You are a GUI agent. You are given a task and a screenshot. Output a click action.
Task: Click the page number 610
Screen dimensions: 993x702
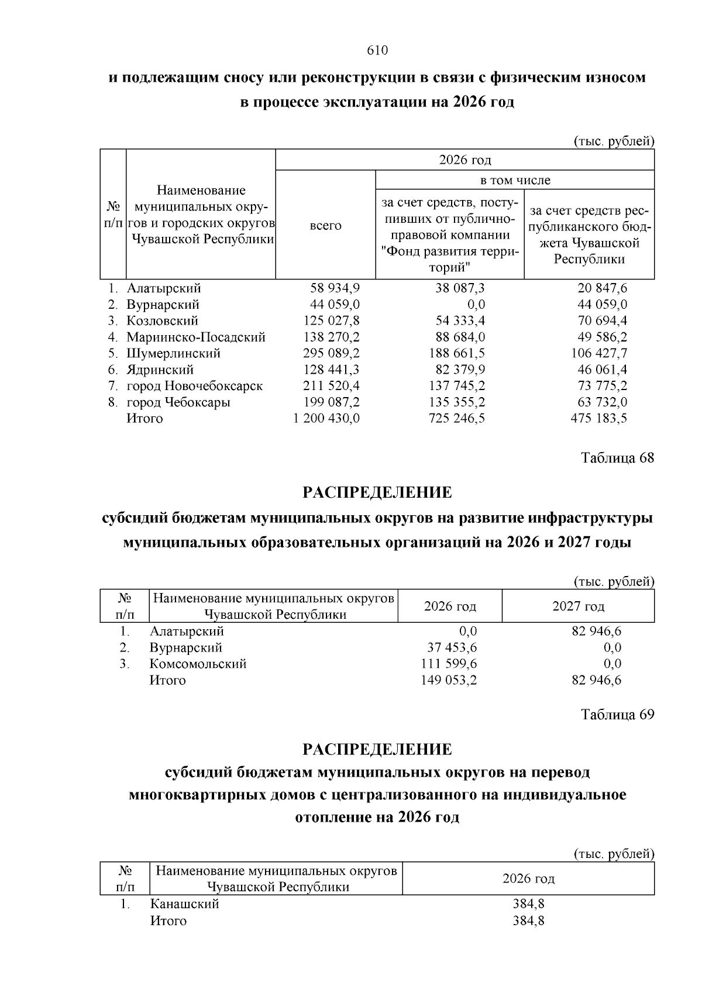pyautogui.click(x=377, y=51)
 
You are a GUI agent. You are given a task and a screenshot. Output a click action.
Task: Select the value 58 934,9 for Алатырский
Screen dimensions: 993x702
pyautogui.click(x=335, y=288)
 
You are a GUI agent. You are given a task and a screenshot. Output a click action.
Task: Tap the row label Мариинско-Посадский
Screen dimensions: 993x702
pyautogui.click(x=196, y=337)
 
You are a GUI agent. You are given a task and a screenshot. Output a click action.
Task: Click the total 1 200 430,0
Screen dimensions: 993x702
pyautogui.click(x=326, y=419)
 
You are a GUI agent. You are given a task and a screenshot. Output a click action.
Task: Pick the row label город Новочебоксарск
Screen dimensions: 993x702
pyautogui.click(x=194, y=387)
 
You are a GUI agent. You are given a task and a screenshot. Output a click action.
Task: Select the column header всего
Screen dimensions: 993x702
pyautogui.click(x=325, y=226)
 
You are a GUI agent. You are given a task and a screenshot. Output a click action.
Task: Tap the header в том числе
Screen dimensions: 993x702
pyautogui.click(x=515, y=180)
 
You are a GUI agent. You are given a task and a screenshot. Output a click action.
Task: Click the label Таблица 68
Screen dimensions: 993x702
pyautogui.click(x=617, y=457)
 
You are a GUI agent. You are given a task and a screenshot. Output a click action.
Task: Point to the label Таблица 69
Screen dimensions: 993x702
pyautogui.click(x=617, y=715)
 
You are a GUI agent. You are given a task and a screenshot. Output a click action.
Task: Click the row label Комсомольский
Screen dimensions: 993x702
pyautogui.click(x=198, y=664)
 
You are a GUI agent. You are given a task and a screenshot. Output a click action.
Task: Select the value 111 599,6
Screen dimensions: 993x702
pyautogui.click(x=449, y=664)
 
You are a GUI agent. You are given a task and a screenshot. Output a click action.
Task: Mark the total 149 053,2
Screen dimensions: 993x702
pyautogui.click(x=449, y=681)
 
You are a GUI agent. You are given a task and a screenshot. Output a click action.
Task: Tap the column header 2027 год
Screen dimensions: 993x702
pyautogui.click(x=578, y=606)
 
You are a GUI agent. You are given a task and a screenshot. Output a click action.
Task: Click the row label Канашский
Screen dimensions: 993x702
pyautogui.click(x=184, y=904)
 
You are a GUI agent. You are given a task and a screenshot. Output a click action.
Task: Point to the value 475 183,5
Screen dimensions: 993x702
pyautogui.click(x=598, y=419)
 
